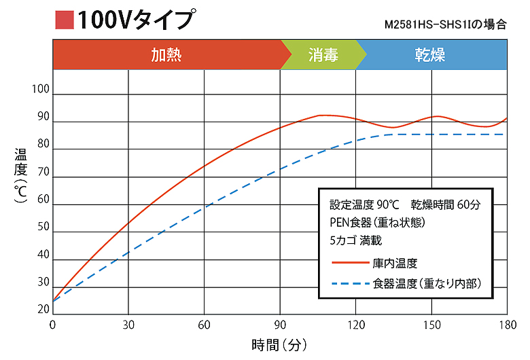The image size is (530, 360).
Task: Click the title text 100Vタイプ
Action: click(x=134, y=20)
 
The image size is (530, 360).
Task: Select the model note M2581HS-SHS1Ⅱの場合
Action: click(x=445, y=25)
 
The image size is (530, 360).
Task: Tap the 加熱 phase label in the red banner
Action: click(x=166, y=54)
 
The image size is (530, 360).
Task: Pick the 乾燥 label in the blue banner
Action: click(x=430, y=54)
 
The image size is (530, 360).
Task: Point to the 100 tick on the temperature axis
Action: click(x=41, y=90)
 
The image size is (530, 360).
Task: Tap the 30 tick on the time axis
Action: click(x=128, y=324)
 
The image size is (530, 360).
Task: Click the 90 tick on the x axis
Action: click(x=280, y=324)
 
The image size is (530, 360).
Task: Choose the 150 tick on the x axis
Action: click(x=431, y=324)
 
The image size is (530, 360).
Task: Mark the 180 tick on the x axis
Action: click(x=507, y=324)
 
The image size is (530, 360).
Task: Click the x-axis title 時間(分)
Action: click(x=281, y=344)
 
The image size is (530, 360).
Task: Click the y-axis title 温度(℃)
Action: click(x=20, y=177)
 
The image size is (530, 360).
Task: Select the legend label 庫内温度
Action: click(x=395, y=263)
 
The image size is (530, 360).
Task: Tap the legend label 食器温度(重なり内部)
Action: click(x=427, y=283)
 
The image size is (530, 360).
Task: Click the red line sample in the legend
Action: click(x=348, y=263)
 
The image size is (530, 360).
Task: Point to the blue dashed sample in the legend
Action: click(x=348, y=283)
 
